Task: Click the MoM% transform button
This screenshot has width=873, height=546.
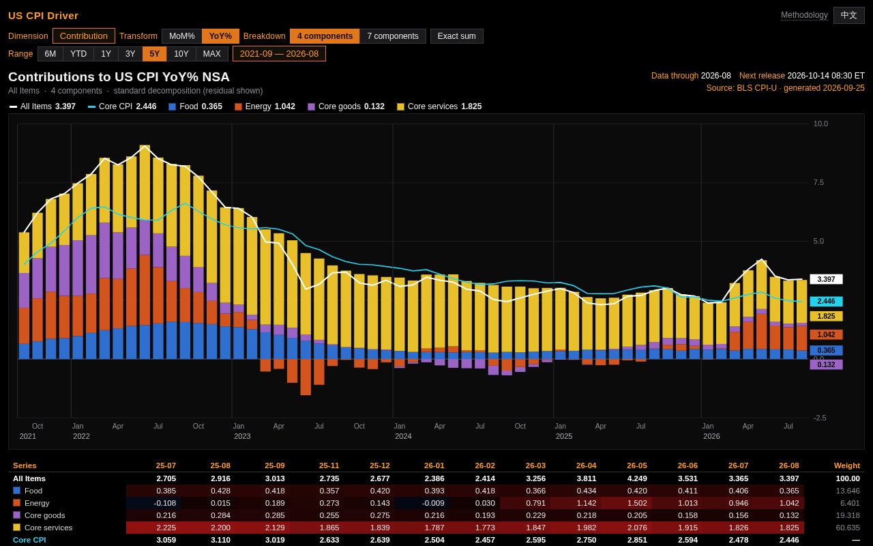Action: tap(181, 36)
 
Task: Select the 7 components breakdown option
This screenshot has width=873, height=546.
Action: tap(392, 36)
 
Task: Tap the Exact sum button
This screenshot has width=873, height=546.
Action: tap(456, 36)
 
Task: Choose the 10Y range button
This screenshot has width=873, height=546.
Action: tap(181, 54)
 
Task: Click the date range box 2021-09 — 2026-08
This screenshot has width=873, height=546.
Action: tap(279, 54)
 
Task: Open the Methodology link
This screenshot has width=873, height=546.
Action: tap(804, 15)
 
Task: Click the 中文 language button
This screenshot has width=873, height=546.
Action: tap(849, 15)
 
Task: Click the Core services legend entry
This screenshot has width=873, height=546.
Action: tap(439, 106)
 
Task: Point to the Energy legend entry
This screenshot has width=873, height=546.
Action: tap(265, 106)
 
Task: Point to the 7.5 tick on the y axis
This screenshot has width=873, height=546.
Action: tap(818, 182)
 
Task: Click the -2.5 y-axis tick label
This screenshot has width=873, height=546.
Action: tap(820, 418)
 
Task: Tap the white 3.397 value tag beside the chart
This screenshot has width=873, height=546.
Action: tap(826, 279)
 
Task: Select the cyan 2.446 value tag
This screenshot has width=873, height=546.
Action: tap(826, 301)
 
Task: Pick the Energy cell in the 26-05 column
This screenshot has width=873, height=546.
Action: tap(637, 503)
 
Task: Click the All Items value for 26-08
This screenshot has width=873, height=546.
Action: tap(789, 478)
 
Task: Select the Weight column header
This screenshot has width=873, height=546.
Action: tap(846, 465)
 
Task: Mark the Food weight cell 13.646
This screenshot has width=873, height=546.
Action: tap(848, 491)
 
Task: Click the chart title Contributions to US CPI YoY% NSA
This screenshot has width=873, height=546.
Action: tap(119, 77)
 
